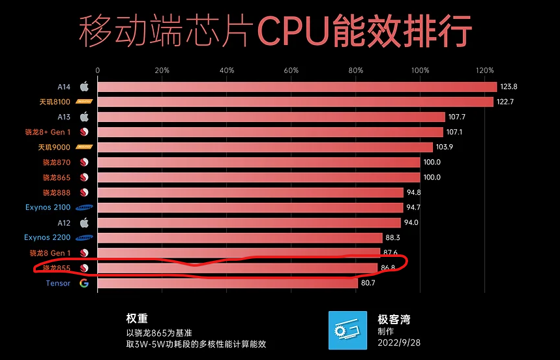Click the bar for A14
click(297, 87)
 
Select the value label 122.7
click(505, 102)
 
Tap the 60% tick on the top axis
click(291, 70)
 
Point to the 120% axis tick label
click(485, 70)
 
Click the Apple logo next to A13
click(83, 117)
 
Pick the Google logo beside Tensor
click(83, 283)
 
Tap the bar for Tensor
click(228, 283)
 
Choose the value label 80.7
click(370, 283)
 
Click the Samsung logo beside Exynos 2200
click(83, 238)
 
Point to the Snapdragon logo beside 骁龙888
click(83, 192)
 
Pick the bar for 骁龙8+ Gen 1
click(270, 132)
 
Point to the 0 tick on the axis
click(98, 70)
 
